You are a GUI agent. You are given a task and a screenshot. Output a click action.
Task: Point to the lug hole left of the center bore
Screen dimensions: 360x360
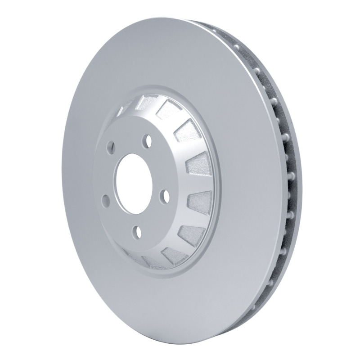(x=105, y=200)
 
